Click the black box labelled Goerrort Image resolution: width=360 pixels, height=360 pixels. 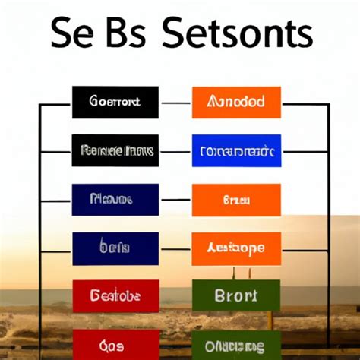pyautogui.click(x=115, y=103)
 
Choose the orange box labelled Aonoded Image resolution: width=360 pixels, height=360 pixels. pyautogui.click(x=236, y=103)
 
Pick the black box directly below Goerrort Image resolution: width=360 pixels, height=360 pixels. pyautogui.click(x=115, y=150)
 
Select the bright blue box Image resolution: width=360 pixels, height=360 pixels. pyautogui.click(x=236, y=150)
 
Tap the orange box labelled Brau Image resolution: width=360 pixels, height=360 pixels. pyautogui.click(x=236, y=200)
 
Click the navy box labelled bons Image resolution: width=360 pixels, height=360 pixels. pyautogui.click(x=115, y=248)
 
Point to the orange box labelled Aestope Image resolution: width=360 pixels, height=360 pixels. pyautogui.click(x=236, y=248)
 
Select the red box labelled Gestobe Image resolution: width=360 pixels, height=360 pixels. pyautogui.click(x=115, y=296)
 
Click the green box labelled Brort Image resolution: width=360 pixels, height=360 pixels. pyautogui.click(x=236, y=296)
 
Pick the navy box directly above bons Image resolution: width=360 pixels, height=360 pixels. pyautogui.click(x=115, y=200)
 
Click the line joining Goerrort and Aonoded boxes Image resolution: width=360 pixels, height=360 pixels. pyautogui.click(x=175, y=103)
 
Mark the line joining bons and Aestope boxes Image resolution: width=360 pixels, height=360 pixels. pyautogui.click(x=175, y=248)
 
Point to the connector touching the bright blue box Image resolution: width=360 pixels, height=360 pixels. pyautogui.click(x=175, y=151)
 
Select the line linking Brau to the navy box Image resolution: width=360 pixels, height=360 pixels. pyautogui.click(x=175, y=200)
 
